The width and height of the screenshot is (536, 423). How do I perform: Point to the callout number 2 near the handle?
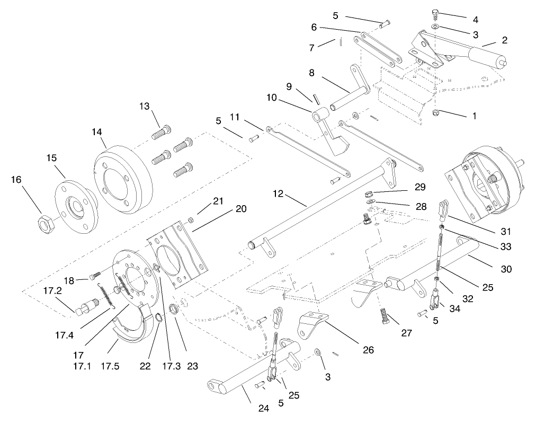click(x=505, y=40)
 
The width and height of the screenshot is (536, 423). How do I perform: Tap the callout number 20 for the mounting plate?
click(x=240, y=209)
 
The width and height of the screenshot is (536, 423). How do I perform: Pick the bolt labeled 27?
click(x=385, y=317)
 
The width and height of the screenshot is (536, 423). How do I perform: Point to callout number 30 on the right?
click(x=506, y=269)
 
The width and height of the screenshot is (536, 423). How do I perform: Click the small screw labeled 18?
click(x=95, y=275)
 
